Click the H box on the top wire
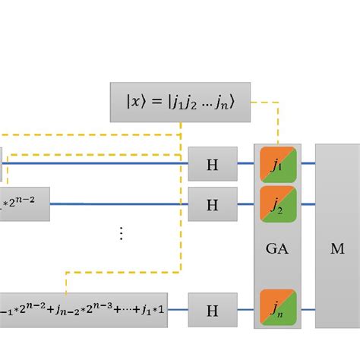coord(213,163)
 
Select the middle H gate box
coord(213,204)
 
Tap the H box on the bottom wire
coord(213,309)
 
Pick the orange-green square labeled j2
coord(277,203)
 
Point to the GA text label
coord(277,248)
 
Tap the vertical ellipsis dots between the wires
coord(121,234)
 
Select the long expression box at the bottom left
coord(84,309)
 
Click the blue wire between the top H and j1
coord(245,163)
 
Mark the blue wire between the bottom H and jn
coord(245,309)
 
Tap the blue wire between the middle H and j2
coord(245,204)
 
